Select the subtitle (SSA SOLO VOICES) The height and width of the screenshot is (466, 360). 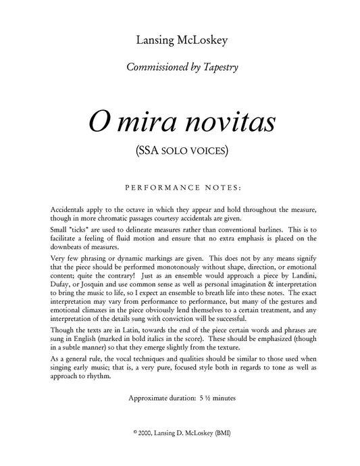tap(180, 151)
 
